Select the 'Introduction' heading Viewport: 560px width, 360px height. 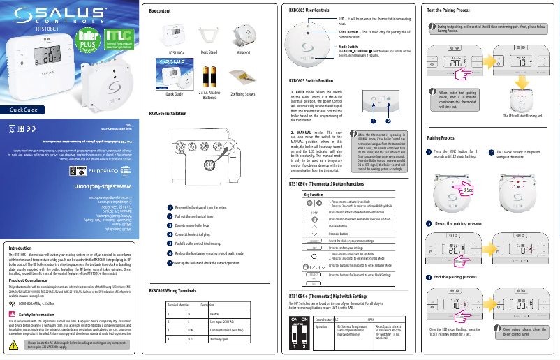tap(21, 247)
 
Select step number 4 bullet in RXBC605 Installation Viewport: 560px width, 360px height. tap(170, 234)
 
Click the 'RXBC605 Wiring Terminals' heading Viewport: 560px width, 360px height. tap(175, 289)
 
